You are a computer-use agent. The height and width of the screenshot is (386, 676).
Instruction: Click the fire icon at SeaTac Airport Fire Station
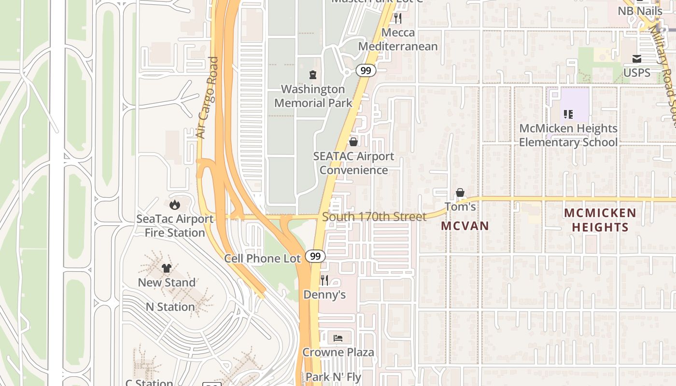[174, 205]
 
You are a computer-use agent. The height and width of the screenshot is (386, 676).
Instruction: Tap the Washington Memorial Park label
[313, 96]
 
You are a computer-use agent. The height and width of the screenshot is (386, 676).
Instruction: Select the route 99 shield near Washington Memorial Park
[366, 71]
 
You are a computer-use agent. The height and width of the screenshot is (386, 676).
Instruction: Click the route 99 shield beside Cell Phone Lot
[315, 256]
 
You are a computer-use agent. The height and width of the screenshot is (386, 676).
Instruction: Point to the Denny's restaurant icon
[324, 280]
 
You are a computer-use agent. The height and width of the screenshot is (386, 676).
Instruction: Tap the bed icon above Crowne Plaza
[338, 338]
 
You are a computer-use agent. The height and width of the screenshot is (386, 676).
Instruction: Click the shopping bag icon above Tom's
[460, 193]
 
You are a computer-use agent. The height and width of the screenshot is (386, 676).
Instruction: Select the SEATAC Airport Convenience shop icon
[353, 142]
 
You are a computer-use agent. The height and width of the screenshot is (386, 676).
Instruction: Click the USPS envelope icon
[637, 59]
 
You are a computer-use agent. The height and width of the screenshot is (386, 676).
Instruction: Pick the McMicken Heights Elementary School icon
[568, 114]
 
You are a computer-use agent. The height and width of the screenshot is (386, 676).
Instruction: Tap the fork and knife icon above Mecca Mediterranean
[397, 18]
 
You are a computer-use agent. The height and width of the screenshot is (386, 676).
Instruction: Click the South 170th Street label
[374, 217]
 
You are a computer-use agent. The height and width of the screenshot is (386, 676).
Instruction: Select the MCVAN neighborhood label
[465, 226]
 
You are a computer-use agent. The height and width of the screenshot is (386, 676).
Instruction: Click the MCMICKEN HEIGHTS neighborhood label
[600, 220]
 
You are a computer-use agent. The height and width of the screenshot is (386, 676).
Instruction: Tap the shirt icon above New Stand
[167, 268]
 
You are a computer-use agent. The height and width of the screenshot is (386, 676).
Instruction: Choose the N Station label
[170, 307]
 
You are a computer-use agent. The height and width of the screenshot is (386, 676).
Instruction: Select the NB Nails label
[640, 11]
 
